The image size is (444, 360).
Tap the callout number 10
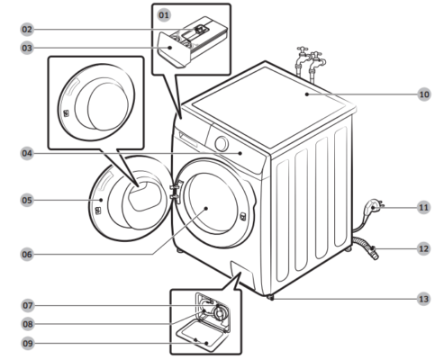tap(423, 94)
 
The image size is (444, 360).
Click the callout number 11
tap(423, 207)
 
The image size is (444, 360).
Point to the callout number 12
tap(423, 247)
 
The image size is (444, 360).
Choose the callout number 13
tap(423, 298)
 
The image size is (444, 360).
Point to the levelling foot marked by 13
tap(270, 296)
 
